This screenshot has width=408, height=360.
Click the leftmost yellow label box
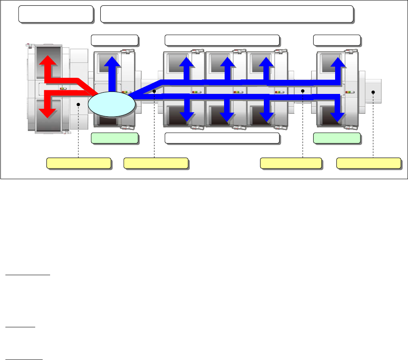79,163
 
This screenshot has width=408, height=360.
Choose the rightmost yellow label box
369,163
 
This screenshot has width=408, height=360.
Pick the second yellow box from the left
156,163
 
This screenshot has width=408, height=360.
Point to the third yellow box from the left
291,163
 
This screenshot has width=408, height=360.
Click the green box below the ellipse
114,138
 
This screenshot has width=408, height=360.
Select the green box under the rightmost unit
337,138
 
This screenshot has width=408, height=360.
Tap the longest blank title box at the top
227,14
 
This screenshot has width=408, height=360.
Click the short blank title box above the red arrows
56,14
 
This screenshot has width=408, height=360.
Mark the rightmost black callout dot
373,92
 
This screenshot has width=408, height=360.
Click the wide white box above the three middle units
222,40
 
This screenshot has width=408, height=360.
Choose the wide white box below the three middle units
222,138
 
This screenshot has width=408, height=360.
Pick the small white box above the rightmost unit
337,40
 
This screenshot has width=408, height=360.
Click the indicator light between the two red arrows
63,88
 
